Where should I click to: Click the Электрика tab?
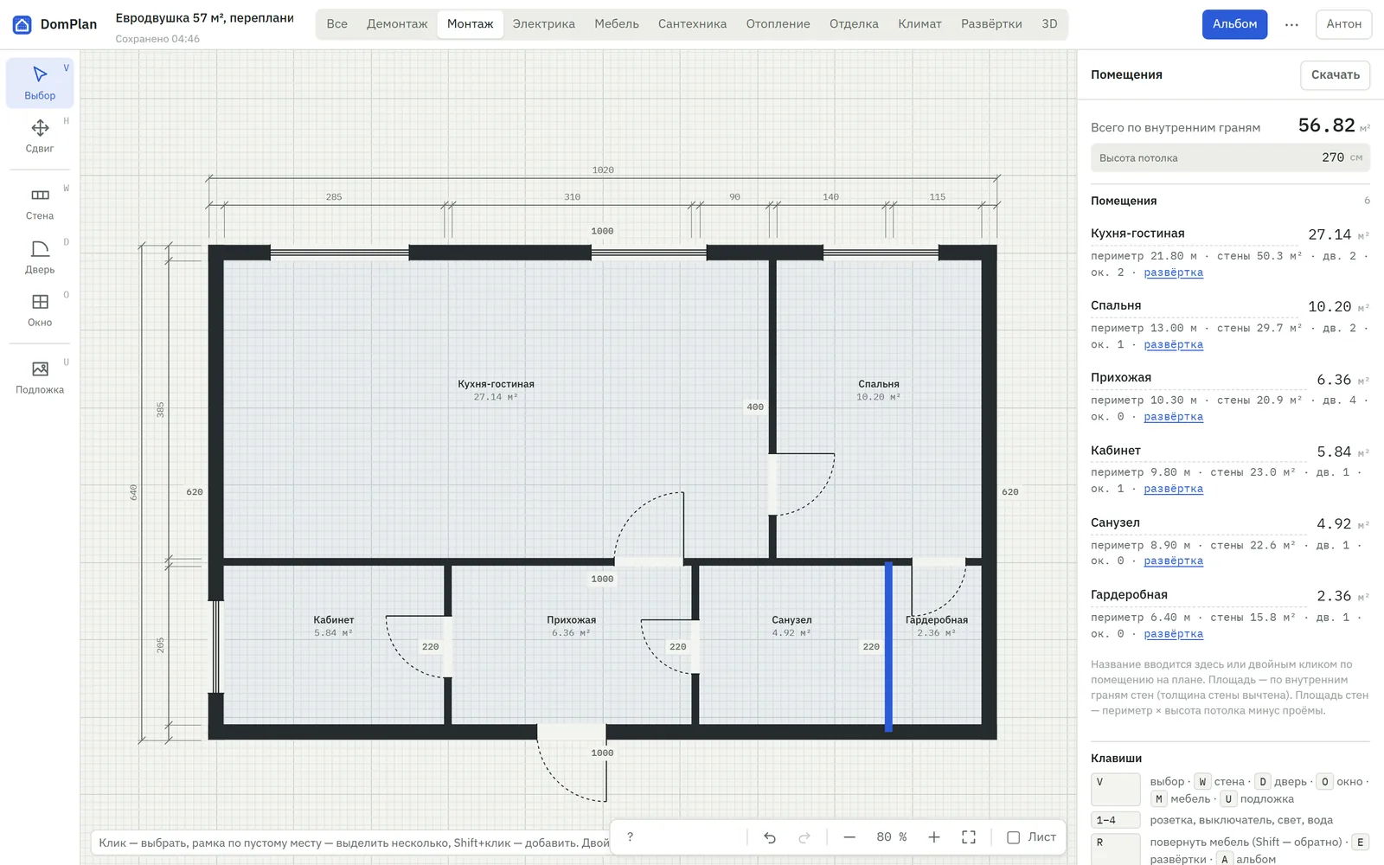pos(544,24)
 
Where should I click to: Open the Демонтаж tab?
pos(397,24)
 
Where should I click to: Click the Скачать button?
pos(1336,74)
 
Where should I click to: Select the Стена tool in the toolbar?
pos(40,204)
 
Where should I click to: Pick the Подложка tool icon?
pos(40,368)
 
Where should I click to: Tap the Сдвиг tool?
pos(40,136)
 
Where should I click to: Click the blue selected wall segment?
pos(888,647)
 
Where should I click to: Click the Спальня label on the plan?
pos(879,384)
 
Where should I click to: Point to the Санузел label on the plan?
pos(791,619)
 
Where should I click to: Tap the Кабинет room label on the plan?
pos(334,619)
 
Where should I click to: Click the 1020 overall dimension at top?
pos(603,170)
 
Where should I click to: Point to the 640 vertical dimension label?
pos(133,492)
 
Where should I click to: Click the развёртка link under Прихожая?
pos(1173,416)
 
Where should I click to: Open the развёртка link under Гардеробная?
pos(1173,633)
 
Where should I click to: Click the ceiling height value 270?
pos(1333,157)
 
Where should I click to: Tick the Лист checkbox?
pos(1013,837)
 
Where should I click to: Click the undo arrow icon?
pos(770,837)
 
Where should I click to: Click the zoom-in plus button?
pos(933,837)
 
